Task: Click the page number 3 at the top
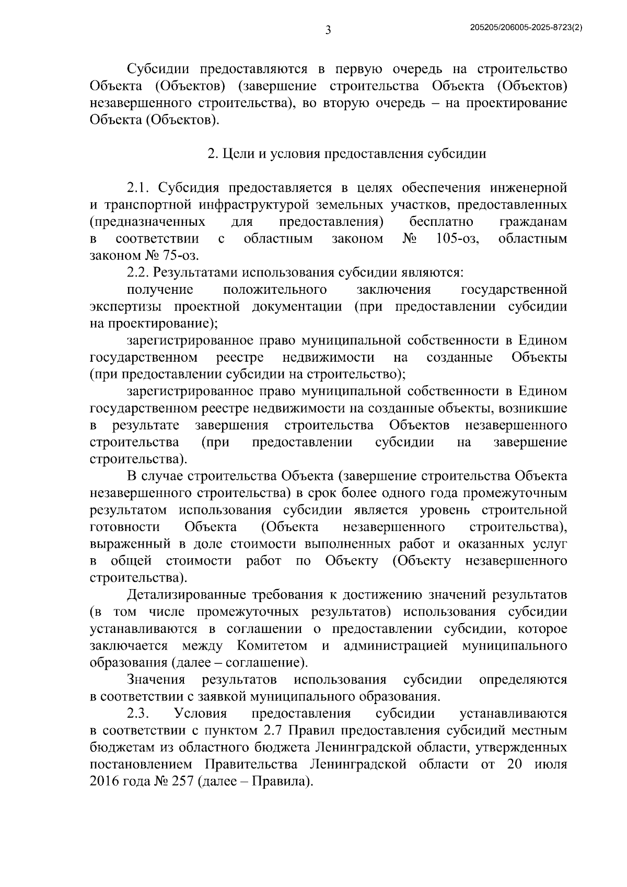[x=328, y=30]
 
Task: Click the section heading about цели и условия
[x=346, y=154]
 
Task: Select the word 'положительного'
[x=275, y=290]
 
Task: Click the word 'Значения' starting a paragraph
[x=156, y=679]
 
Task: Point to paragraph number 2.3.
[x=139, y=713]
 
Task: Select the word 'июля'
[x=550, y=764]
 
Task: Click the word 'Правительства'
[x=251, y=764]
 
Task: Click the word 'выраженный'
[x=131, y=544]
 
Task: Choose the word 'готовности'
[x=124, y=527]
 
